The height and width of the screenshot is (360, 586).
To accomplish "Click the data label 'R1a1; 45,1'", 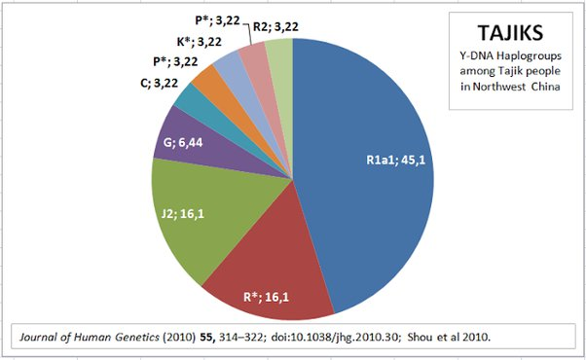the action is tap(396, 161).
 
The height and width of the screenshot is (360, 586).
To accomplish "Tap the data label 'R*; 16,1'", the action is tap(266, 298).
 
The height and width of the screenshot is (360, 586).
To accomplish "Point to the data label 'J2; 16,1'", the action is tap(183, 214).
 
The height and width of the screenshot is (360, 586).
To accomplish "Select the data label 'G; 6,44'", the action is tap(183, 142).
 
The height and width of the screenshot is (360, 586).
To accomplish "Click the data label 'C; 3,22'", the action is tap(160, 83).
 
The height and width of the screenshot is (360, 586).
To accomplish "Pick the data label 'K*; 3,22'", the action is tap(200, 42).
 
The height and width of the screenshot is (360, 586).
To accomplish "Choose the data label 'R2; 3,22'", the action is tap(275, 27).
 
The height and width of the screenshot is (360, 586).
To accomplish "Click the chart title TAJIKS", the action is tap(510, 32).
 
